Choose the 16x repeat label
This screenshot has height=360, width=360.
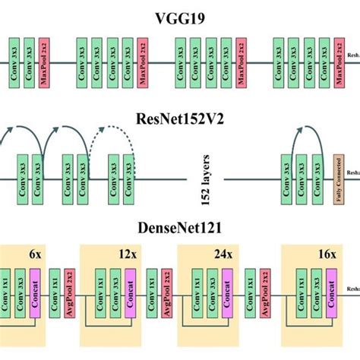[x=327, y=256]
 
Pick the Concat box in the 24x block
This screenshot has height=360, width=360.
[x=226, y=292]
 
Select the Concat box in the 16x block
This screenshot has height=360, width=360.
[x=331, y=292]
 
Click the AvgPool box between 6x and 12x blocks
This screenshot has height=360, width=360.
[x=70, y=292]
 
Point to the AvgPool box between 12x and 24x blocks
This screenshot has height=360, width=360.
[x=165, y=292]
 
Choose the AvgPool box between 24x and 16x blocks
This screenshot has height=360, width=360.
[x=265, y=292]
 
